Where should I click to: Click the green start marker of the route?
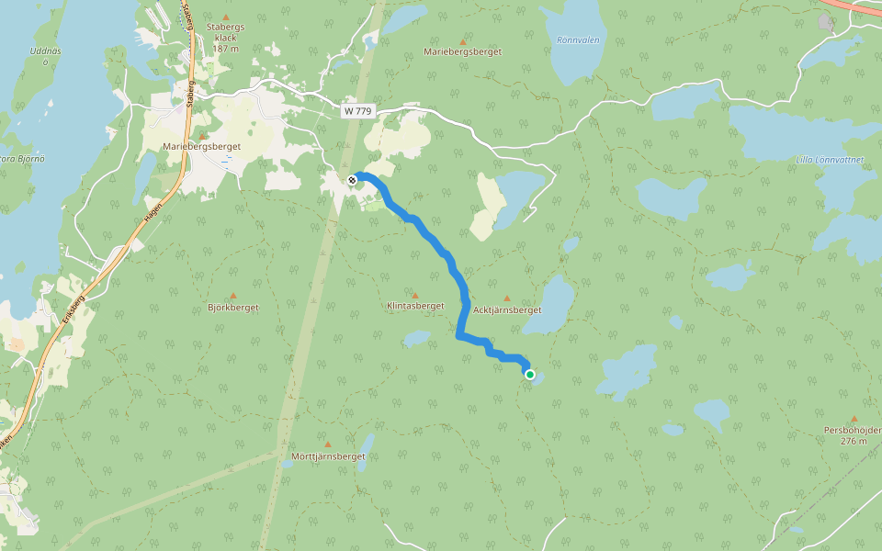(x=530, y=374)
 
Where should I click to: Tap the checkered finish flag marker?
(x=352, y=179)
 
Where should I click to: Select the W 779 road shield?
(x=358, y=111)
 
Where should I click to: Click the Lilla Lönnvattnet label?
(x=830, y=160)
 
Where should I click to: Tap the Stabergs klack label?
(x=226, y=39)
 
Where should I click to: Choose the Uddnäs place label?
(x=44, y=51)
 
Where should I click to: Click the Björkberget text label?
(x=233, y=308)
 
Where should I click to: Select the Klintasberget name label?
(x=415, y=306)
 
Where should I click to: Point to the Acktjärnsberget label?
(x=506, y=310)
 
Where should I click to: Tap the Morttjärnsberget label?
(x=328, y=456)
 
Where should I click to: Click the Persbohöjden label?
(x=854, y=430)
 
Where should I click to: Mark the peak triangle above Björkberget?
(x=232, y=296)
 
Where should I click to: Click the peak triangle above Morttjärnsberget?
(x=328, y=444)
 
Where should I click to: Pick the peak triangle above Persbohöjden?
(x=854, y=419)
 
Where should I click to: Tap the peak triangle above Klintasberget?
(x=427, y=296)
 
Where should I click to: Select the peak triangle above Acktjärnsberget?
(x=505, y=298)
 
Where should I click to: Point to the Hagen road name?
(x=153, y=214)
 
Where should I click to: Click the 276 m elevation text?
(x=854, y=442)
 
